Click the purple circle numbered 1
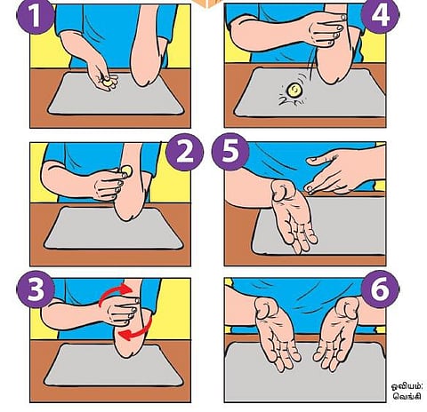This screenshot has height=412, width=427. (36, 15)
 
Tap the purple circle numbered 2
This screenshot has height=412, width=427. (185, 152)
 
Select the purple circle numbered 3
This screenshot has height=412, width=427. (36, 289)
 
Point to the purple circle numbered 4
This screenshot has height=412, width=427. (380, 15)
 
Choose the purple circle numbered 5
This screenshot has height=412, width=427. (230, 152)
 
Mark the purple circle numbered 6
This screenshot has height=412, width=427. (380, 289)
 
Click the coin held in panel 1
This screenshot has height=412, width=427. (108, 83)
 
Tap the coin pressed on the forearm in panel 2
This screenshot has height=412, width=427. (126, 170)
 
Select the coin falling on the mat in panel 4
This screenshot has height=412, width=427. (294, 91)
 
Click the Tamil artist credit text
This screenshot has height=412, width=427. (407, 391)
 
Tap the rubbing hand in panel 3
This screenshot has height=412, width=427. (121, 311)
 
